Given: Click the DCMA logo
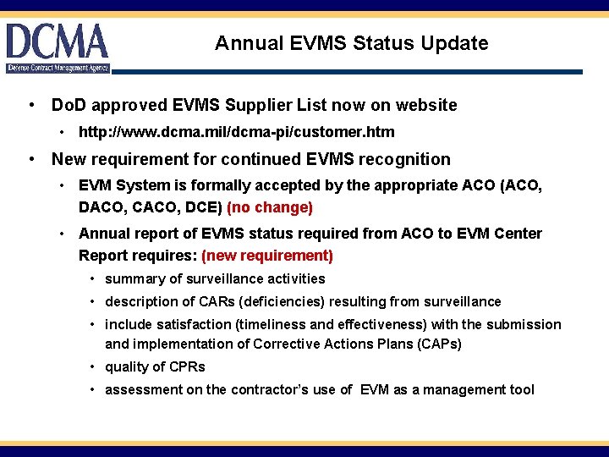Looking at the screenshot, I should (x=58, y=47).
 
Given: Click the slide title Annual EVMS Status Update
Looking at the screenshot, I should (x=351, y=43).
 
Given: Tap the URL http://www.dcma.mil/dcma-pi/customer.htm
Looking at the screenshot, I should (x=236, y=132).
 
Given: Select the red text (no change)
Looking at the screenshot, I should (x=270, y=207).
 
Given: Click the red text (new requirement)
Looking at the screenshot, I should (x=267, y=255).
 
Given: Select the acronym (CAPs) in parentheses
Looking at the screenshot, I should (x=438, y=344).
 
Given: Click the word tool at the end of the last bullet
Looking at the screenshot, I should (x=522, y=389).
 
